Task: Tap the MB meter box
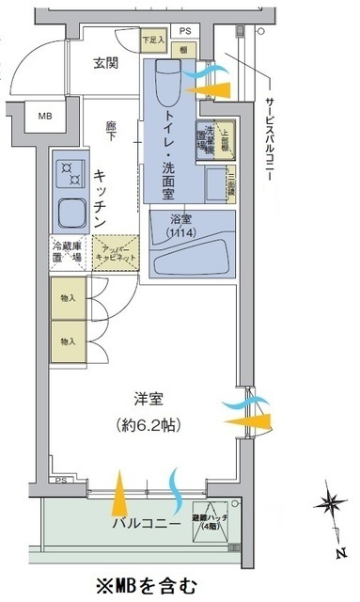[46, 117]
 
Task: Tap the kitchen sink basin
[70, 213]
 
